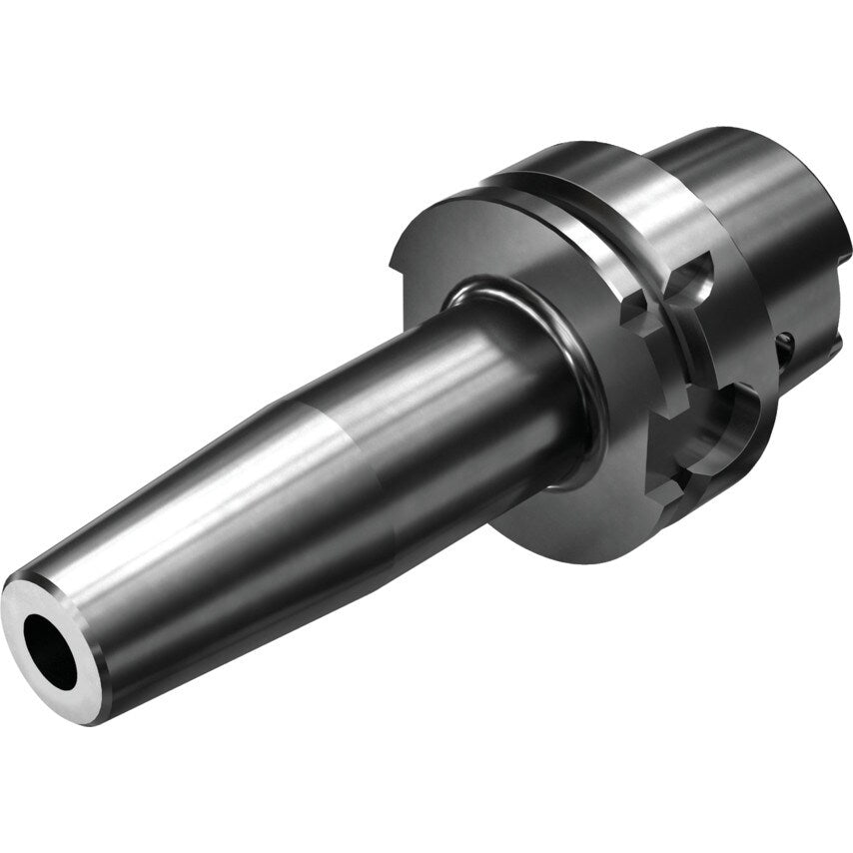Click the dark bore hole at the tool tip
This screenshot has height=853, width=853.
pyautogui.click(x=50, y=650)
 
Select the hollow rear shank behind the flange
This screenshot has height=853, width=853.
pyautogui.click(x=759, y=200)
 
